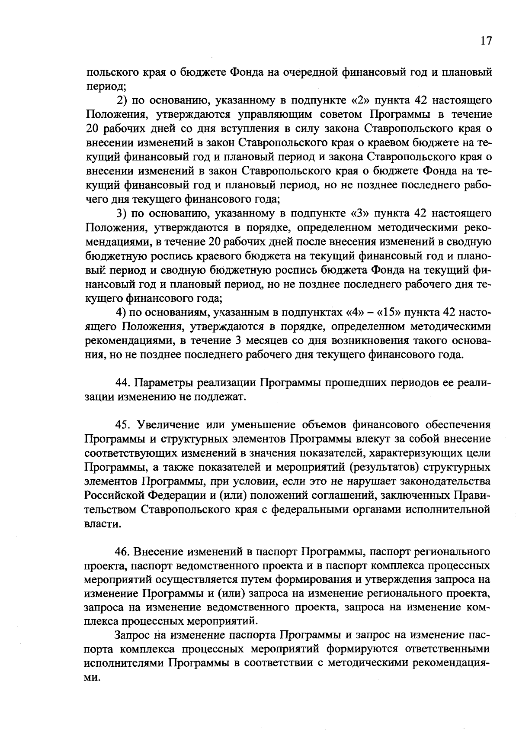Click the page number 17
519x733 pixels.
pos(486,41)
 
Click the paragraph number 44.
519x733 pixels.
pos(122,383)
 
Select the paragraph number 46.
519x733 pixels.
pos(122,552)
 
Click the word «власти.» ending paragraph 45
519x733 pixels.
pos(103,524)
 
